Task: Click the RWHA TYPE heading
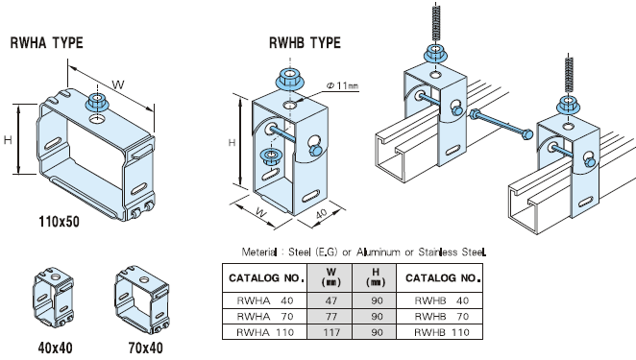pos(47,42)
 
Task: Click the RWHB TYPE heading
pos(305,42)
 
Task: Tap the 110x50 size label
pos(60,222)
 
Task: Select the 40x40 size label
pos(55,348)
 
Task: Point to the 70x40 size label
pos(146,348)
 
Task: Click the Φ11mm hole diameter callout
pos(342,85)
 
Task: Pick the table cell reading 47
pos(330,300)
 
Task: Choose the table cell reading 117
pos(330,332)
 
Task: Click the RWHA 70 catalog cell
pos(264,316)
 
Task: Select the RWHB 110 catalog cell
pos(441,332)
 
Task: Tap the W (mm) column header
pos(330,277)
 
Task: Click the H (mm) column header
pos(376,277)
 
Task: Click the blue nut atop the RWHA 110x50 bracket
pos(96,102)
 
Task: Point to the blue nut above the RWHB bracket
pos(288,80)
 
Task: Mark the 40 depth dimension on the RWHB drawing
pos(321,214)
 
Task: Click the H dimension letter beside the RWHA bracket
pos(8,140)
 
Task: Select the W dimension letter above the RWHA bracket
pos(117,84)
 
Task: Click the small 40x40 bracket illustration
pos(53,298)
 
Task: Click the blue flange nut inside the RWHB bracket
pos(269,156)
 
